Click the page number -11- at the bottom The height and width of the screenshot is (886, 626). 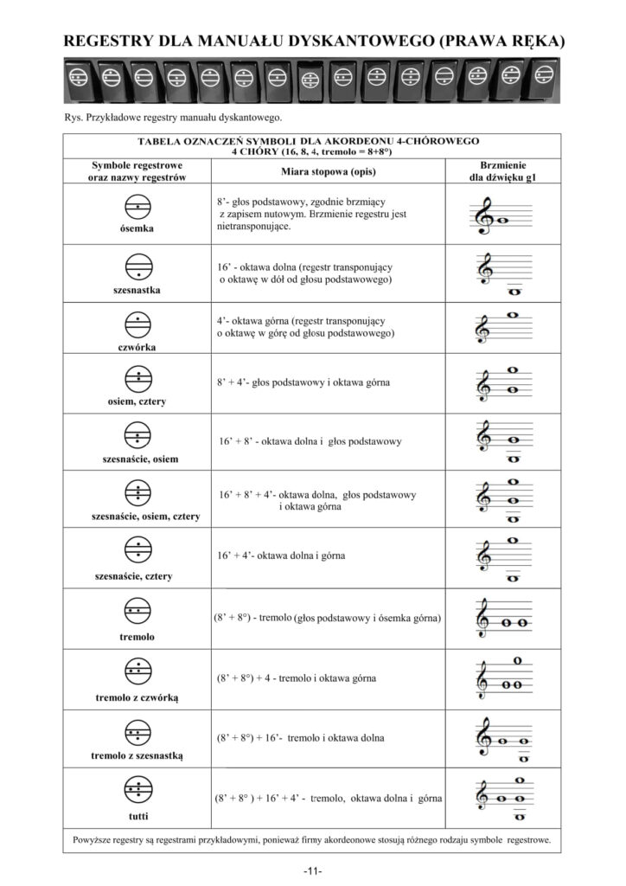click(x=313, y=869)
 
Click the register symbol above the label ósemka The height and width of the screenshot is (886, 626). click(x=137, y=208)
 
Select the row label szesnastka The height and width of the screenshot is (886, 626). click(x=137, y=290)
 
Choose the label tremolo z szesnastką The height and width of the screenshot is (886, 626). click(x=137, y=755)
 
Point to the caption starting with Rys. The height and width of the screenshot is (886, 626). click(x=174, y=118)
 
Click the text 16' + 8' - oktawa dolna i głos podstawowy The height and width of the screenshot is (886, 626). click(x=311, y=441)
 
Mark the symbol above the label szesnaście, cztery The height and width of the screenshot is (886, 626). click(x=137, y=550)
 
